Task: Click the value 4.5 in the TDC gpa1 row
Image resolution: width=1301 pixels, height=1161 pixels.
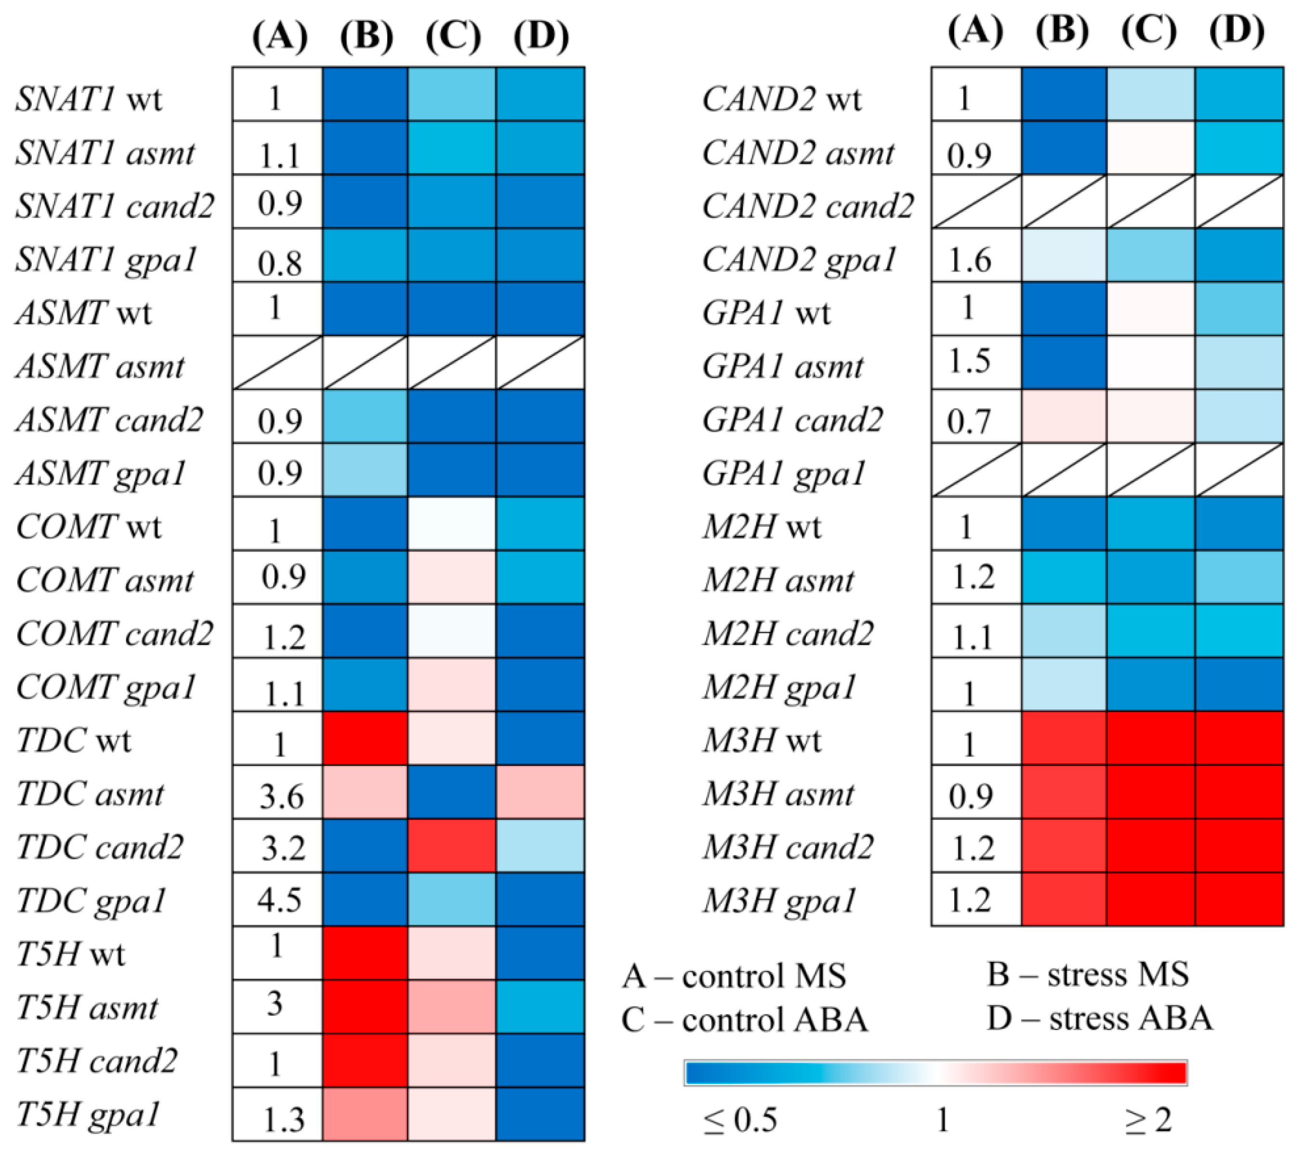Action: (279, 900)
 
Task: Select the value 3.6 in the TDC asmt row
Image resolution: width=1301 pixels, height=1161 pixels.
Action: (281, 795)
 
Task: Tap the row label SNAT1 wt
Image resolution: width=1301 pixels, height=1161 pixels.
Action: (89, 99)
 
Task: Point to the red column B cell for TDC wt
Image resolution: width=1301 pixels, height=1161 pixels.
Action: (365, 738)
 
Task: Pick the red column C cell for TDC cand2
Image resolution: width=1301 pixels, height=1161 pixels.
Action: (452, 845)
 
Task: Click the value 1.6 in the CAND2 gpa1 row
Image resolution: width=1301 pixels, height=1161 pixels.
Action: (970, 260)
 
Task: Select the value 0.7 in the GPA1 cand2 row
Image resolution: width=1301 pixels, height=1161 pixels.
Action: (969, 420)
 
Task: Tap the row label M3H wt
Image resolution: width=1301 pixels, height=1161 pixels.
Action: (762, 740)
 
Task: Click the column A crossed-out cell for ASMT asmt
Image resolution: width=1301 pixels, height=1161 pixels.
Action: (277, 362)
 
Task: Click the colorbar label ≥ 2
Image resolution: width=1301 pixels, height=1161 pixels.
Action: (1148, 1119)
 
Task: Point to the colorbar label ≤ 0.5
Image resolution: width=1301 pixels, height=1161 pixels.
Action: (740, 1120)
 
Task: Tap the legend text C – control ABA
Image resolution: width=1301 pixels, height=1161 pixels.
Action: (745, 1019)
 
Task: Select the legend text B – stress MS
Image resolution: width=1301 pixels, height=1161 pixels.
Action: (1089, 974)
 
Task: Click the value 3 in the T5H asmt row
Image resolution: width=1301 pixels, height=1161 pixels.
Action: (275, 1003)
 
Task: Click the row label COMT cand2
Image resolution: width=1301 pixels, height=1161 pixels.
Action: (114, 633)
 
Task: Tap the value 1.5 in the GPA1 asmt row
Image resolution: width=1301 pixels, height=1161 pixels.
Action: (970, 361)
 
